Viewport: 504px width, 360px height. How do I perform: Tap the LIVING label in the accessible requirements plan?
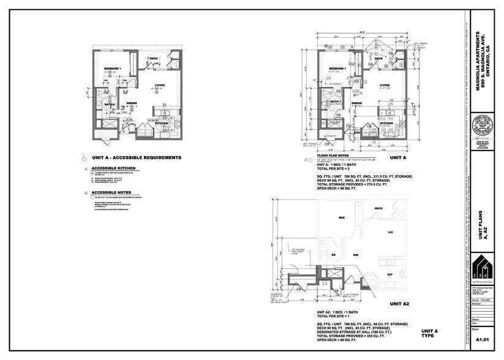[x=160, y=85]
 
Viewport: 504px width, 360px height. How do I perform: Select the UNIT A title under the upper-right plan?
[x=398, y=157]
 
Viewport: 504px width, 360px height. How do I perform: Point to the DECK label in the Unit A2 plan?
[x=379, y=209]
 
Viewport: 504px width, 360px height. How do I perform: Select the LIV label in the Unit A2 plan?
[x=389, y=233]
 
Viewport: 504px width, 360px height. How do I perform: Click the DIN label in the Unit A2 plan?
[x=355, y=253]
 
